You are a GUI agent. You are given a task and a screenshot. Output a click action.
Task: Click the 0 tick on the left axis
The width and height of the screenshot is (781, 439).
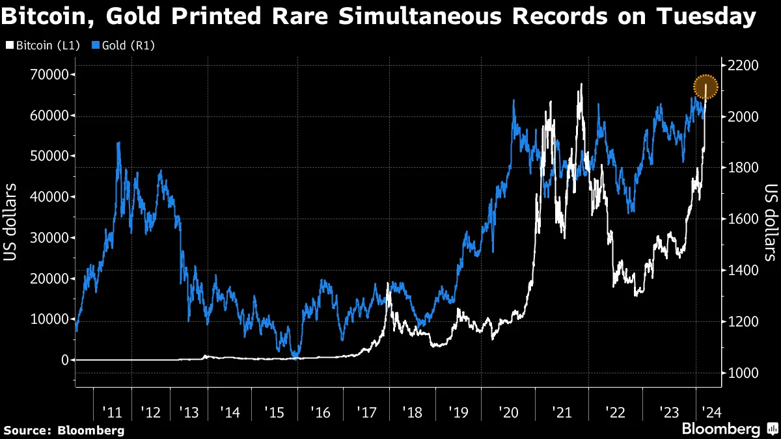(x=64, y=360)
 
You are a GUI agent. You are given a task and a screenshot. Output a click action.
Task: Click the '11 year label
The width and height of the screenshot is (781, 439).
(x=113, y=412)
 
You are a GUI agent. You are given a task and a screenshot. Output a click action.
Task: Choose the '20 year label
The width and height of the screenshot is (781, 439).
(x=507, y=412)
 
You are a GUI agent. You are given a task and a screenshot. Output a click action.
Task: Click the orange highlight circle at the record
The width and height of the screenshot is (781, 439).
(x=706, y=87)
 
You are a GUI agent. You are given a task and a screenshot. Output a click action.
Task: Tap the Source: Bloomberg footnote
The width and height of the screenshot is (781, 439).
(x=64, y=430)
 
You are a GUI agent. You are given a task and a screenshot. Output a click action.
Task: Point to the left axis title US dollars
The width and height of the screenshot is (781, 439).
(x=11, y=222)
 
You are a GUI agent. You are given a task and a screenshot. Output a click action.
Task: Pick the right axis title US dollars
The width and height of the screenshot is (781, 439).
(x=771, y=222)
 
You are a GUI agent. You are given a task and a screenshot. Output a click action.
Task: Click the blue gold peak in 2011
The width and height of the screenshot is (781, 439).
(x=118, y=143)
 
